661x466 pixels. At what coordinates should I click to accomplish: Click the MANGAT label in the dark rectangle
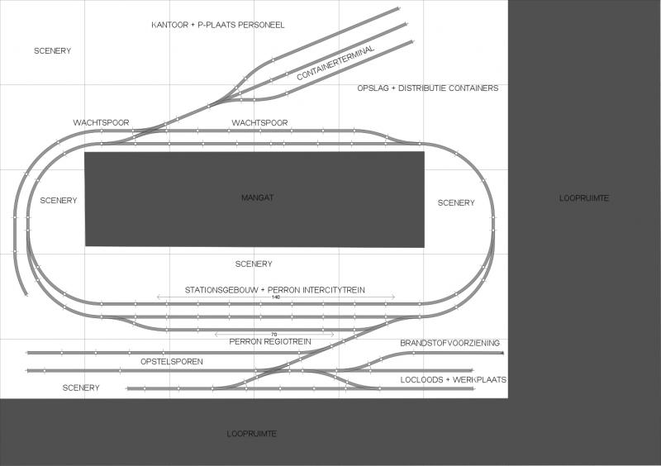[x=258, y=197]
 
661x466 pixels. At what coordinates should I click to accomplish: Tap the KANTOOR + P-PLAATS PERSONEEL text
[x=218, y=25]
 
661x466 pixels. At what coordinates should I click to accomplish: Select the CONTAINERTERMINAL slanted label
[x=335, y=63]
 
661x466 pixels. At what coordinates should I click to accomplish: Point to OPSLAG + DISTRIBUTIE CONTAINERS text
[x=428, y=88]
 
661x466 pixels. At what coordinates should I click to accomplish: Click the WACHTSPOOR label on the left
[x=101, y=123]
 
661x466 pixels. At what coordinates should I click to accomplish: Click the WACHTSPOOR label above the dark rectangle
[x=259, y=123]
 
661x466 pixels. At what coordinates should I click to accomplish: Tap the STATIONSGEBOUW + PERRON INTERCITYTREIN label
[x=275, y=290]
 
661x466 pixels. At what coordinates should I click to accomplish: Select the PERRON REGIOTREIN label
[x=270, y=341]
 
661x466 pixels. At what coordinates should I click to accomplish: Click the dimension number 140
[x=276, y=297]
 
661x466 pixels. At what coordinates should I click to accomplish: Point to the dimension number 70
[x=274, y=335]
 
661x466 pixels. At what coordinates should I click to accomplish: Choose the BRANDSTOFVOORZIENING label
[x=449, y=343]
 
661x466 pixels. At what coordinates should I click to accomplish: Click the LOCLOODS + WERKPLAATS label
[x=454, y=380]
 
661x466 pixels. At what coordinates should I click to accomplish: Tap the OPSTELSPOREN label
[x=172, y=362]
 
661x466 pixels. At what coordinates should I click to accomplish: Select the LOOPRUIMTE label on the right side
[x=584, y=198]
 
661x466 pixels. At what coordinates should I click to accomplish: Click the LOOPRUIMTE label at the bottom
[x=252, y=434]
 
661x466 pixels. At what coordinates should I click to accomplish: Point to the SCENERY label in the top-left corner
[x=53, y=51]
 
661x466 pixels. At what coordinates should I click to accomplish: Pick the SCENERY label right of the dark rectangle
[x=456, y=203]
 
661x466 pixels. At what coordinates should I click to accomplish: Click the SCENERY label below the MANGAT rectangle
[x=254, y=264]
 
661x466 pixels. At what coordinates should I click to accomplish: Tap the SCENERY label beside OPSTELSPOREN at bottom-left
[x=81, y=388]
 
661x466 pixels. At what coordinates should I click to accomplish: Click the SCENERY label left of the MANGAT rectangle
[x=59, y=200]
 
